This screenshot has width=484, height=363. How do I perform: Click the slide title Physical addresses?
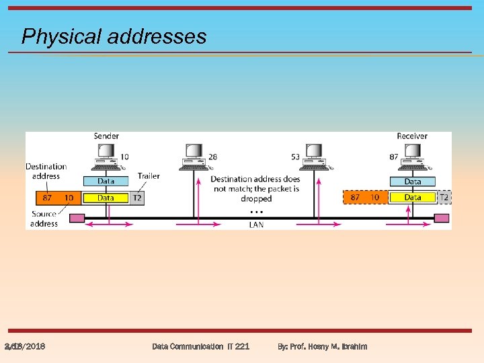(x=114, y=36)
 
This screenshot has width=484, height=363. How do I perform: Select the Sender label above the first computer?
(x=106, y=136)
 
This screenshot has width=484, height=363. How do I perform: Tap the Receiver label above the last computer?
(x=411, y=136)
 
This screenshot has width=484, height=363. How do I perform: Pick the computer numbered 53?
(x=314, y=157)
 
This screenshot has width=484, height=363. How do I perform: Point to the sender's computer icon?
(x=106, y=157)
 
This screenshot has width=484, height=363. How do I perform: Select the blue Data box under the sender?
(x=106, y=181)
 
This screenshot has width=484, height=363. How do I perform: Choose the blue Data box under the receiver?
(x=412, y=181)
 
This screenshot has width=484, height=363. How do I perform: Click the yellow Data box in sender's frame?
(x=106, y=198)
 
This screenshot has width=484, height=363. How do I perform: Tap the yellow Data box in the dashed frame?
(x=412, y=198)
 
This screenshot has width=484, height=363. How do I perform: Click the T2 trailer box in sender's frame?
(x=136, y=198)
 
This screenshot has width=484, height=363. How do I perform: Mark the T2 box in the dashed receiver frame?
(x=444, y=198)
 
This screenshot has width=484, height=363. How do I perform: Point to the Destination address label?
(x=46, y=171)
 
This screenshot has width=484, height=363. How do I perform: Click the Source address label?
(x=44, y=218)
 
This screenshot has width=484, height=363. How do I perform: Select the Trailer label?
(x=149, y=176)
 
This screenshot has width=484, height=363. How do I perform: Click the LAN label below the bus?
(x=256, y=225)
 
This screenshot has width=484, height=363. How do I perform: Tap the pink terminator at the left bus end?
(x=77, y=218)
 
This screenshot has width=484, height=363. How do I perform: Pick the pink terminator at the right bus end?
(x=441, y=218)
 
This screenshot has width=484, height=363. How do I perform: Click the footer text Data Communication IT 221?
(x=200, y=346)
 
